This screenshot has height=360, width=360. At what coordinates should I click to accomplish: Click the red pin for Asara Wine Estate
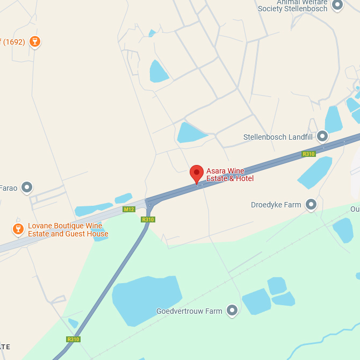(x=197, y=173)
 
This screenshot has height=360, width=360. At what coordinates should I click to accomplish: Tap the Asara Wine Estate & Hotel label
(x=230, y=175)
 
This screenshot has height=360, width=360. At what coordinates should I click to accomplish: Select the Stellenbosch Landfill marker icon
(x=322, y=136)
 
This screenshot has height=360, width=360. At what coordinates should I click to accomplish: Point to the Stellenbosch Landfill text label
(x=278, y=137)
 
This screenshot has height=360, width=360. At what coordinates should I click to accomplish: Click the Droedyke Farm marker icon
(x=311, y=204)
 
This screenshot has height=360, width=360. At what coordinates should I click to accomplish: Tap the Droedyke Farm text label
(x=276, y=205)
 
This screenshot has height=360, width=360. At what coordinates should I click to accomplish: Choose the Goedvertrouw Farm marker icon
(x=232, y=310)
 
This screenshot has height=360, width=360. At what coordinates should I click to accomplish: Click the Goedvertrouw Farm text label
(x=189, y=311)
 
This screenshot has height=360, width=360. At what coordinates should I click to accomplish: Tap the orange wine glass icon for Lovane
(x=18, y=229)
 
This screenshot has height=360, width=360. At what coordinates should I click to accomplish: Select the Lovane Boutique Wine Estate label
(x=68, y=230)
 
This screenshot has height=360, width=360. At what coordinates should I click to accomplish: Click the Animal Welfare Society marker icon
(x=337, y=5)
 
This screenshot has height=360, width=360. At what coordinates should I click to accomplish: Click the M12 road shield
(x=128, y=209)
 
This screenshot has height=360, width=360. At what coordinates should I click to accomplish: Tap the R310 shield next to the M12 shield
(x=148, y=219)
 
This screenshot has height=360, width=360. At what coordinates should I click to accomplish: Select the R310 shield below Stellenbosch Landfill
(x=308, y=154)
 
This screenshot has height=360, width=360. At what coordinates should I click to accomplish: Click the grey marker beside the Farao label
(x=27, y=188)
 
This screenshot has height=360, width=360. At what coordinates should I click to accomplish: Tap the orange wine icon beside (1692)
(x=35, y=41)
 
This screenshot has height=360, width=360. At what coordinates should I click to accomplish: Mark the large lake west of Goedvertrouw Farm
(x=145, y=299)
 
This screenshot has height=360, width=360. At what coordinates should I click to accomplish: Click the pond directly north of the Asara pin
(x=190, y=132)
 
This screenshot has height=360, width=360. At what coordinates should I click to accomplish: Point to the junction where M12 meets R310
(x=149, y=203)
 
